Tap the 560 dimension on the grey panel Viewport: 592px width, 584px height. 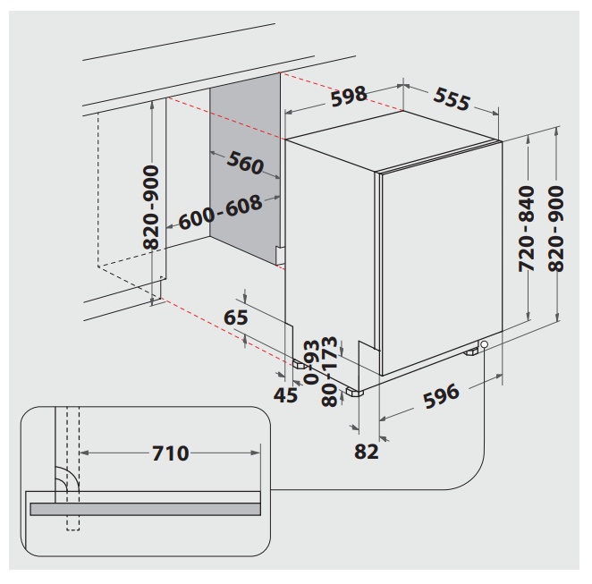(x=245, y=164)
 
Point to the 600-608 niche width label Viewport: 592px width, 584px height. (x=220, y=212)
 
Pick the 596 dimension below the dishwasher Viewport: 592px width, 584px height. (x=442, y=395)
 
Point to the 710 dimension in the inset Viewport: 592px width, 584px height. (x=170, y=453)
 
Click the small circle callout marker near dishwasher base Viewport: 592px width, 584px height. (x=484, y=345)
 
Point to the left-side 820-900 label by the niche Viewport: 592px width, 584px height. (x=151, y=207)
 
